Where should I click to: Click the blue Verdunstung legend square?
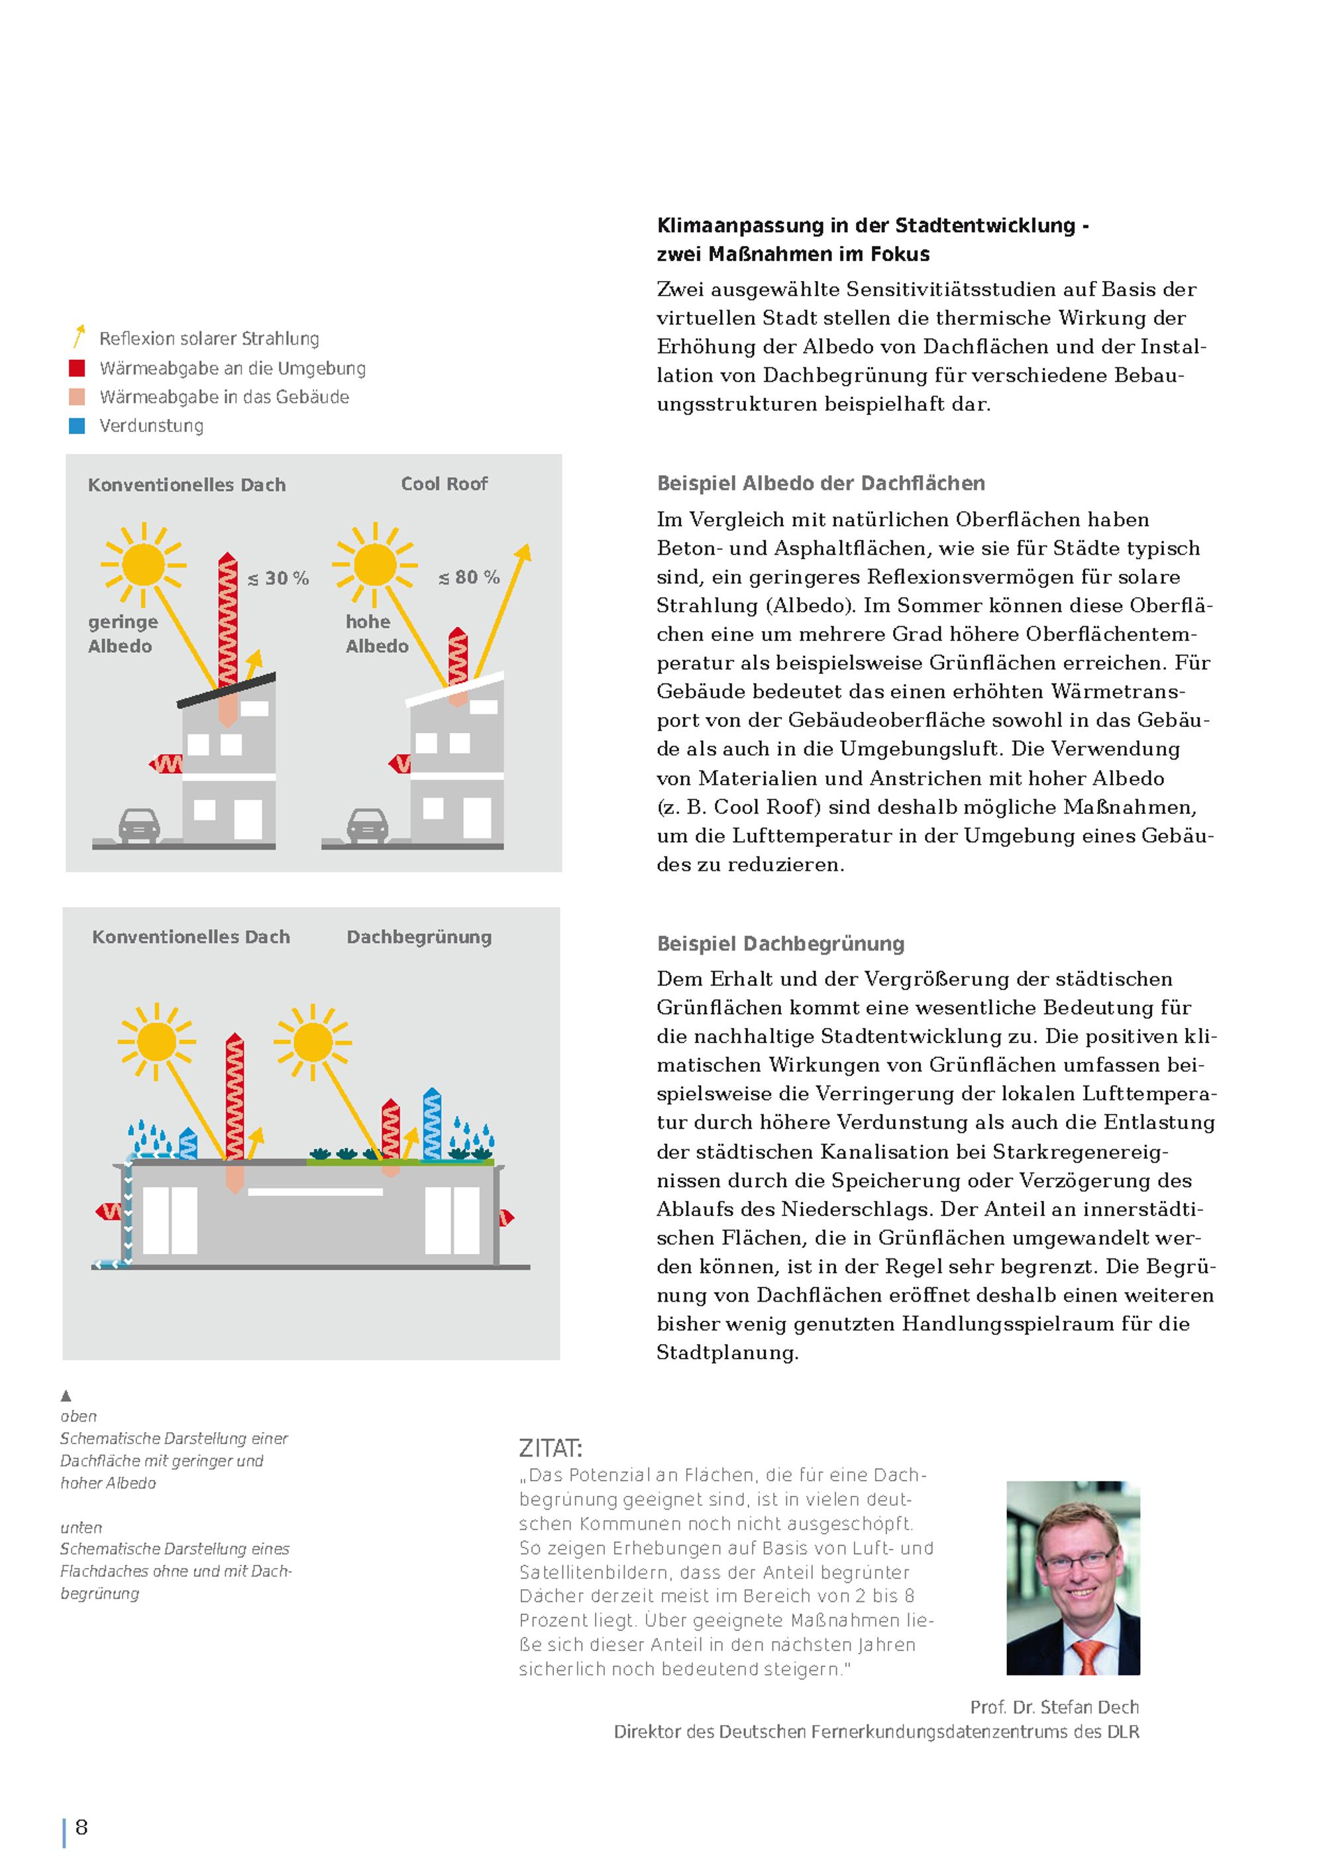tap(78, 426)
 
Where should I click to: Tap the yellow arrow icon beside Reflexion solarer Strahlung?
tap(78, 336)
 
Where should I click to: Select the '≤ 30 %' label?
tap(278, 579)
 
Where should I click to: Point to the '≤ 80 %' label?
tap(469, 577)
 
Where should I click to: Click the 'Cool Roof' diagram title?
tap(444, 484)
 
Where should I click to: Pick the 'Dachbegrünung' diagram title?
tap(419, 937)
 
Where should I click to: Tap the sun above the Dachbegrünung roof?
tap(313, 1043)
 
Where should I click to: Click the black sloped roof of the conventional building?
tap(227, 691)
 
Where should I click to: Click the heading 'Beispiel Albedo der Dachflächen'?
tap(821, 483)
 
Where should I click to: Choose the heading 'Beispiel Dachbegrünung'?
tap(781, 944)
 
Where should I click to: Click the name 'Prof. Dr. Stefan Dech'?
tap(1054, 1707)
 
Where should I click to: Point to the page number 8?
tap(81, 1827)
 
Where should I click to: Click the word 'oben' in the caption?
tap(78, 1416)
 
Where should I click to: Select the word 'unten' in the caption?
tap(81, 1527)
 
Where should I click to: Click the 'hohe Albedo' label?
tap(377, 634)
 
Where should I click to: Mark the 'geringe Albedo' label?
tap(123, 634)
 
